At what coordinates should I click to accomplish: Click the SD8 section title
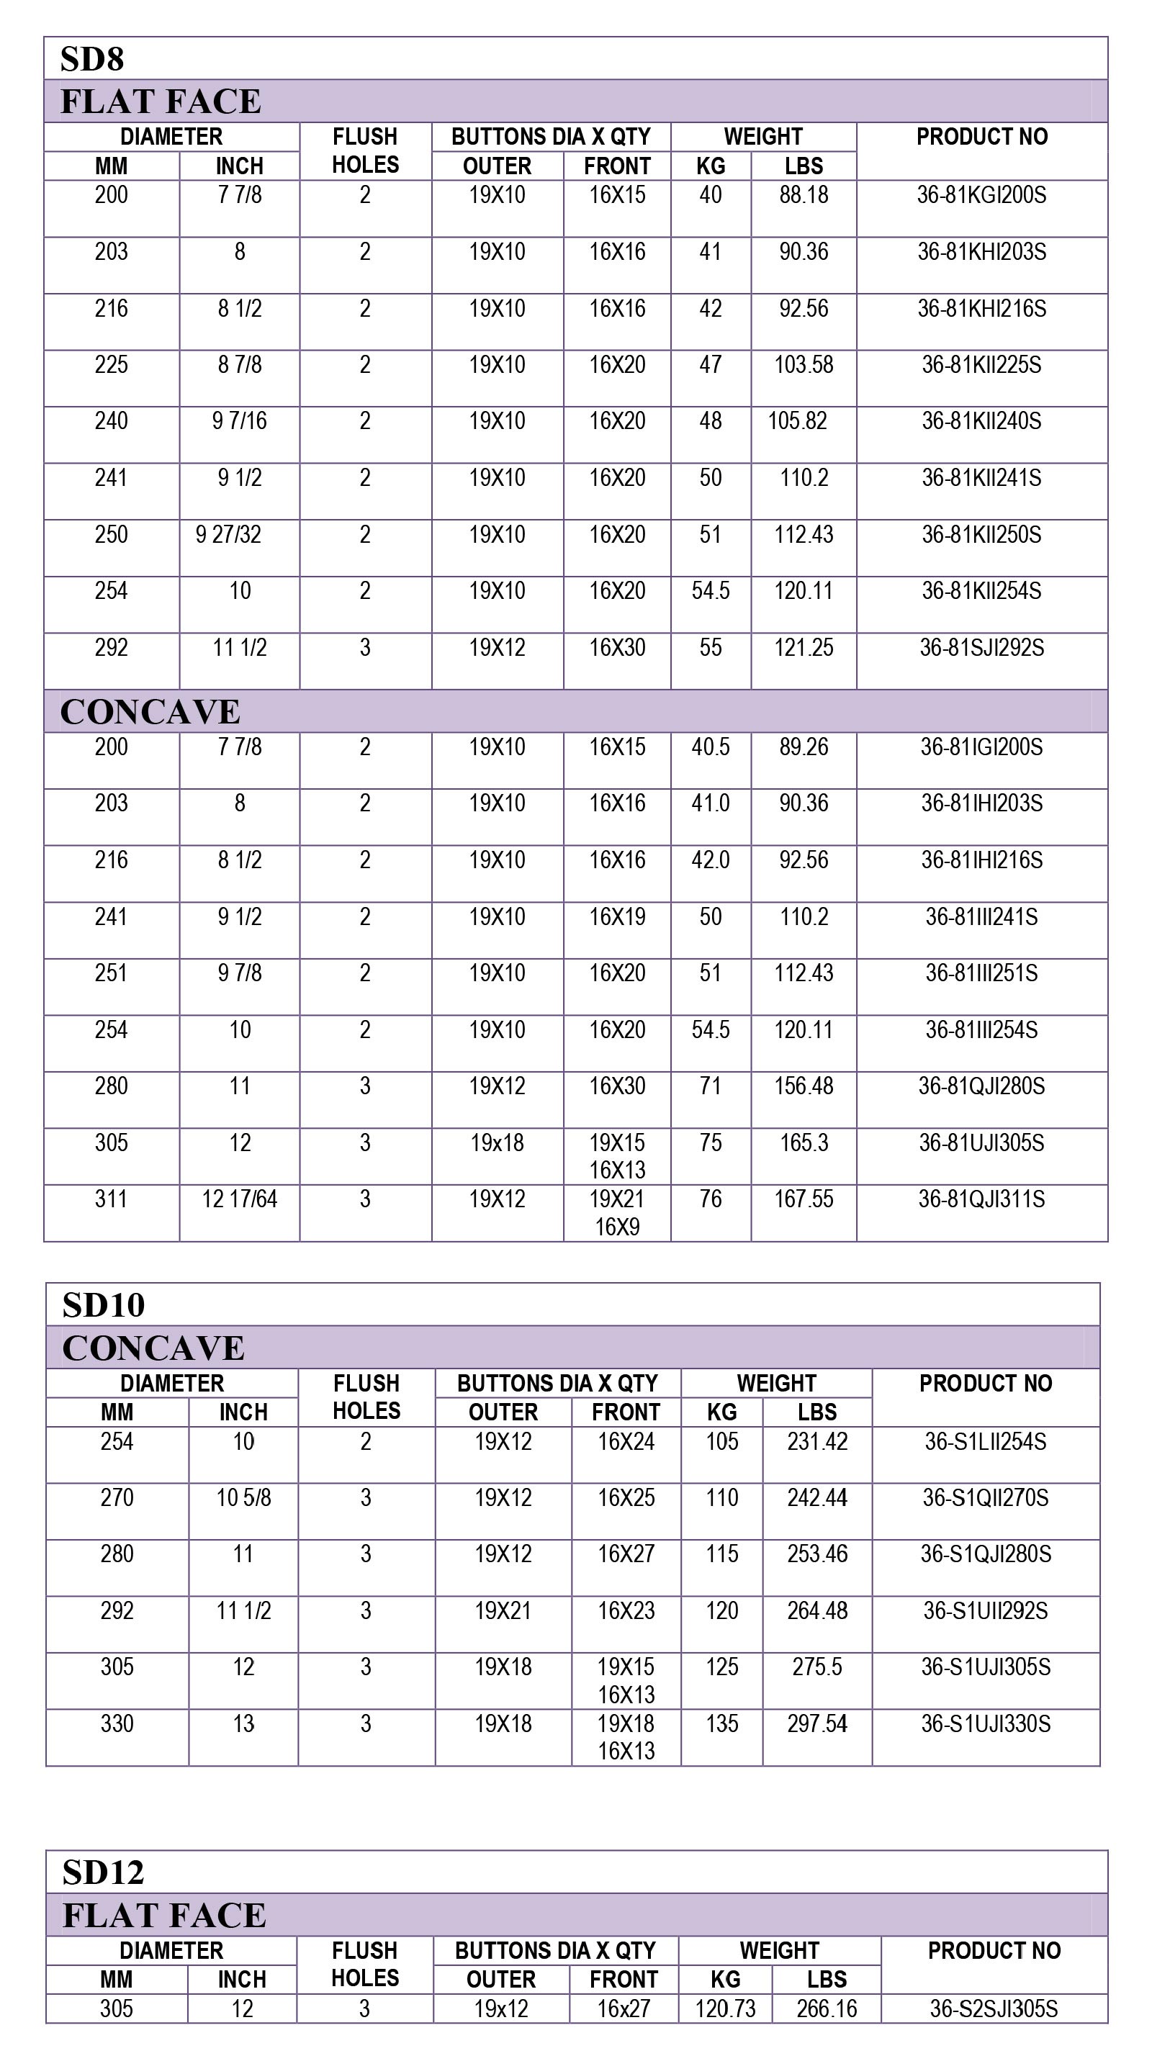[92, 59]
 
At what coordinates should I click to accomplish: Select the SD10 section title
[103, 1305]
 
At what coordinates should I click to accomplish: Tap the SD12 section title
[103, 1872]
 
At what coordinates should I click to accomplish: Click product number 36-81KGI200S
[981, 195]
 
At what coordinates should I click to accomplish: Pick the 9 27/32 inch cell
[228, 535]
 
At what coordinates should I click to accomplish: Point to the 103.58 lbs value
[803, 365]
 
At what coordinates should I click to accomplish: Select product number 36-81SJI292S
[981, 647]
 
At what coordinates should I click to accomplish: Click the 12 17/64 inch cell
[240, 1199]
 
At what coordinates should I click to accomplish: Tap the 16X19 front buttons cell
[617, 916]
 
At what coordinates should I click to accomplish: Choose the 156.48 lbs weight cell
[803, 1086]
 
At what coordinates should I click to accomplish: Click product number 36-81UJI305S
[981, 1143]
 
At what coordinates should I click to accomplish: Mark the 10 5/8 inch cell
[243, 1498]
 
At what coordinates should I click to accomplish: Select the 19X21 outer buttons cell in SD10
[503, 1610]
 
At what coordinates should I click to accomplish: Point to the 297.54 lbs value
[816, 1724]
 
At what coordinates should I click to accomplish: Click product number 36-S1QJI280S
[985, 1554]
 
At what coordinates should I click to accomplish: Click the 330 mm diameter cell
[117, 1724]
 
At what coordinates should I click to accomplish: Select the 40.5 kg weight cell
[711, 747]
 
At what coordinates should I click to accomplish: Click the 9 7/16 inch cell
[240, 421]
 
